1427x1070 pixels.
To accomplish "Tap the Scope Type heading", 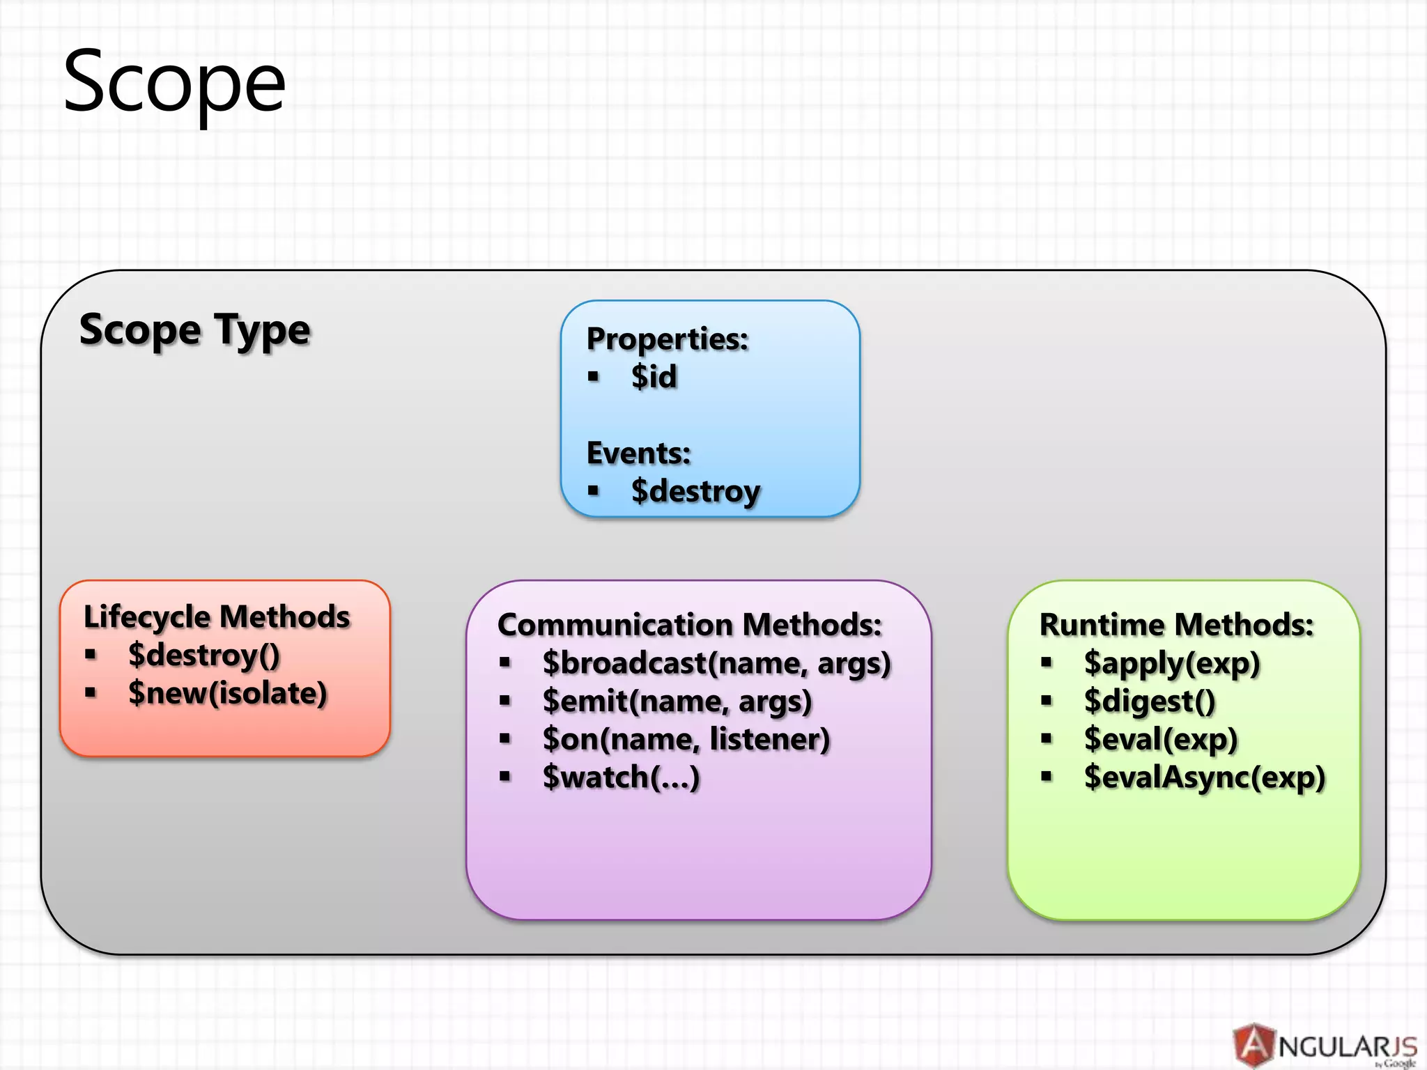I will point(194,330).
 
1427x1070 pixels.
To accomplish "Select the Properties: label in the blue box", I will point(667,339).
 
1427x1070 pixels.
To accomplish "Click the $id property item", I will point(654,377).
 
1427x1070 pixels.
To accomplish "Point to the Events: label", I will point(638,453).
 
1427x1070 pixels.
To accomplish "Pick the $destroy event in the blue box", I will point(695,491).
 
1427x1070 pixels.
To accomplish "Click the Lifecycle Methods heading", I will point(217,617).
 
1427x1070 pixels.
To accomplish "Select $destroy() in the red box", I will point(204,656).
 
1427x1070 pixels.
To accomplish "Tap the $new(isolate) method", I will point(228,694).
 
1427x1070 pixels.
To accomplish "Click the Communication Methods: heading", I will point(689,625).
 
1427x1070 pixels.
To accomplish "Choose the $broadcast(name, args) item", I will point(717,663).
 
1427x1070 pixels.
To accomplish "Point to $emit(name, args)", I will point(677,701).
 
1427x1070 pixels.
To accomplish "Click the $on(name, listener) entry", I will point(686,739).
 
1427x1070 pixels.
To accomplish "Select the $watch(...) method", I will point(621,777).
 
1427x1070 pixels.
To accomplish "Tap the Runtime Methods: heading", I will point(1176,625).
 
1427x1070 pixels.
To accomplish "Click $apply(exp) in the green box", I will point(1172,663).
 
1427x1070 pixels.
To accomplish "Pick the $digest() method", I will point(1150,701).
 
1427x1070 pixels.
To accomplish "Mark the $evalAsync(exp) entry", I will point(1205,777).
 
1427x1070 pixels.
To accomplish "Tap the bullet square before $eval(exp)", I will point(1046,738).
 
